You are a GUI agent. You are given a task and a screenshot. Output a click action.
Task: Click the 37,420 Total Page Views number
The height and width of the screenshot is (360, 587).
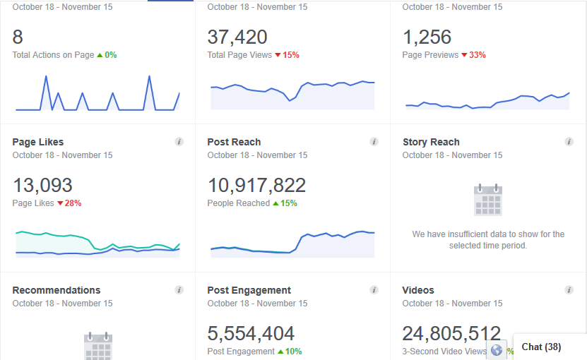click(x=237, y=37)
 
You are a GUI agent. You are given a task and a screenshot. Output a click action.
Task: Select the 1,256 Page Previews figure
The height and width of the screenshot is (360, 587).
click(x=427, y=37)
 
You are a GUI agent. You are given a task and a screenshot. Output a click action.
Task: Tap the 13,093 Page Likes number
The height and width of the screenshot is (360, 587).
click(x=42, y=185)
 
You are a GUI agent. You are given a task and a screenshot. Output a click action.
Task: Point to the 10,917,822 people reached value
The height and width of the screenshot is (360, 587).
click(x=256, y=185)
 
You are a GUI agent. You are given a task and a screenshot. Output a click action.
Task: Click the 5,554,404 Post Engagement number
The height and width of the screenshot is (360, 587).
click(x=251, y=333)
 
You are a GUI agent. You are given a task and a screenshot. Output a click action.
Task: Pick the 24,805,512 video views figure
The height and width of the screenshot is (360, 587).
click(x=451, y=333)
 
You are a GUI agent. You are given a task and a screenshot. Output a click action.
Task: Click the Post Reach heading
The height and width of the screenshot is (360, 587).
click(x=234, y=142)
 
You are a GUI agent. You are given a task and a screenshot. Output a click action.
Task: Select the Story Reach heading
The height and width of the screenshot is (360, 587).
click(x=431, y=142)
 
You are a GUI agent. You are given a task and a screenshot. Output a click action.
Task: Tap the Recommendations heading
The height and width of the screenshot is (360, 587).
click(x=57, y=290)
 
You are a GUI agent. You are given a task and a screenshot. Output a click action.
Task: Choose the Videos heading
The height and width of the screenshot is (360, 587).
click(x=418, y=290)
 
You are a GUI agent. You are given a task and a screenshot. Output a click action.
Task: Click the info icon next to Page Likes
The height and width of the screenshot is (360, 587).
click(x=179, y=142)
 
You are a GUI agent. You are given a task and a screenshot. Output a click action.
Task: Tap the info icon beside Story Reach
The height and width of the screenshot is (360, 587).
click(x=569, y=142)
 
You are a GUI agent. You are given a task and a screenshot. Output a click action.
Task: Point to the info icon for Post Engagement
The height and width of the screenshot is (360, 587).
click(x=374, y=290)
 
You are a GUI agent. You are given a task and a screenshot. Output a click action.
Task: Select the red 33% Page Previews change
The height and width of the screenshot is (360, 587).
click(x=477, y=55)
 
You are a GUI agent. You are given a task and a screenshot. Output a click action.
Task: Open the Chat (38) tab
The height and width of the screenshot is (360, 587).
click(x=541, y=347)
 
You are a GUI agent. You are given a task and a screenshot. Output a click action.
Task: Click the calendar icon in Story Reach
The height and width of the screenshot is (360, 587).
click(x=487, y=200)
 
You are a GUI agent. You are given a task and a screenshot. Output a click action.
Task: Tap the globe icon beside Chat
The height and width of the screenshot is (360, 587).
click(x=497, y=350)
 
